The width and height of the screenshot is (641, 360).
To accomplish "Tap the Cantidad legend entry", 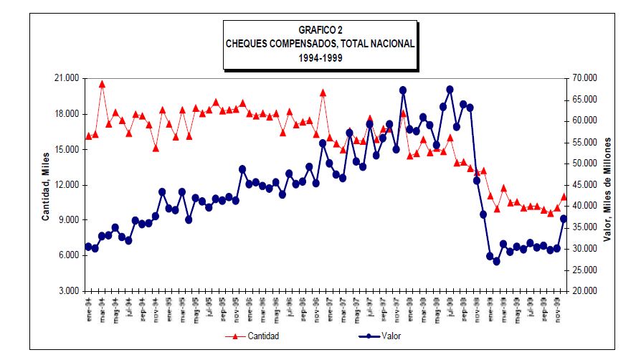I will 263,336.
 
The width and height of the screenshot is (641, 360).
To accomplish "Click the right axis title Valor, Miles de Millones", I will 607,184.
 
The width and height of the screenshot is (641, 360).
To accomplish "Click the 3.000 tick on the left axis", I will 69,291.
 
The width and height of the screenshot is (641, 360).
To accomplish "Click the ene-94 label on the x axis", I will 88,305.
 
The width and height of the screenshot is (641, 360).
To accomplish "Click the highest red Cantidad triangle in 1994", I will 102,84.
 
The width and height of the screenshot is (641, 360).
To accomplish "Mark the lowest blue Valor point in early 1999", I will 496,261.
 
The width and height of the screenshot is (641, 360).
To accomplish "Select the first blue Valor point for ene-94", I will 88,246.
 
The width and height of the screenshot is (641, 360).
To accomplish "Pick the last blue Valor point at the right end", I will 564,219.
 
